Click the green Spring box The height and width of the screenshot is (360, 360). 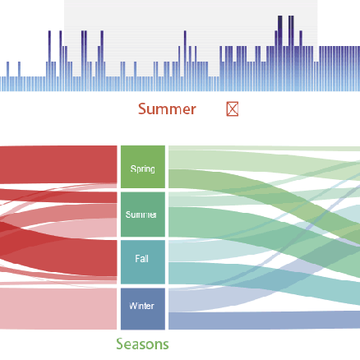point(143,167)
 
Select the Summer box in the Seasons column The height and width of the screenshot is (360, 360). point(143,215)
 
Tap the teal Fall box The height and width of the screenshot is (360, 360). point(143,262)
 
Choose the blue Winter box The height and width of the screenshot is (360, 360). point(143,309)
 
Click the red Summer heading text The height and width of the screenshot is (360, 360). point(167,109)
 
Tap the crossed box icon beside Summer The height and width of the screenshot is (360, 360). point(233,109)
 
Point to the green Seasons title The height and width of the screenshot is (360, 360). point(142,344)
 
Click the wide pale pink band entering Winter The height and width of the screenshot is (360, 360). point(58,309)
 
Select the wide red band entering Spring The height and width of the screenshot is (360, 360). point(58,164)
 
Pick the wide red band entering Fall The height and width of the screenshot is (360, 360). point(82,256)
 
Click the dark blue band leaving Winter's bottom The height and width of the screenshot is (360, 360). point(264,321)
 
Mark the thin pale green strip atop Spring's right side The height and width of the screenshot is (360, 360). point(264,148)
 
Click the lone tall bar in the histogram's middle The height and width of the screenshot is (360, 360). point(185,61)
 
